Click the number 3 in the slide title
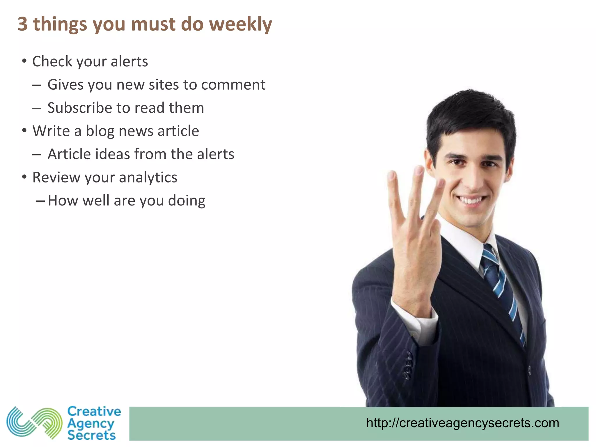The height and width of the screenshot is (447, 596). point(23,24)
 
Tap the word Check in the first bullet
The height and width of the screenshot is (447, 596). point(52,62)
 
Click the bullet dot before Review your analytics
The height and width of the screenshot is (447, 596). point(24,177)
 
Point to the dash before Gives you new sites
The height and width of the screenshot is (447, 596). point(36,85)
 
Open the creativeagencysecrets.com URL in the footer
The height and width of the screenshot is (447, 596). point(462,423)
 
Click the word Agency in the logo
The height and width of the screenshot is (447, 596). point(91,424)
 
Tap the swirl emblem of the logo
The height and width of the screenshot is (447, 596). point(34,423)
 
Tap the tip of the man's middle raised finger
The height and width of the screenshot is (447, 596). point(419,170)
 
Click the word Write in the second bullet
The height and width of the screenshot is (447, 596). point(51,131)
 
